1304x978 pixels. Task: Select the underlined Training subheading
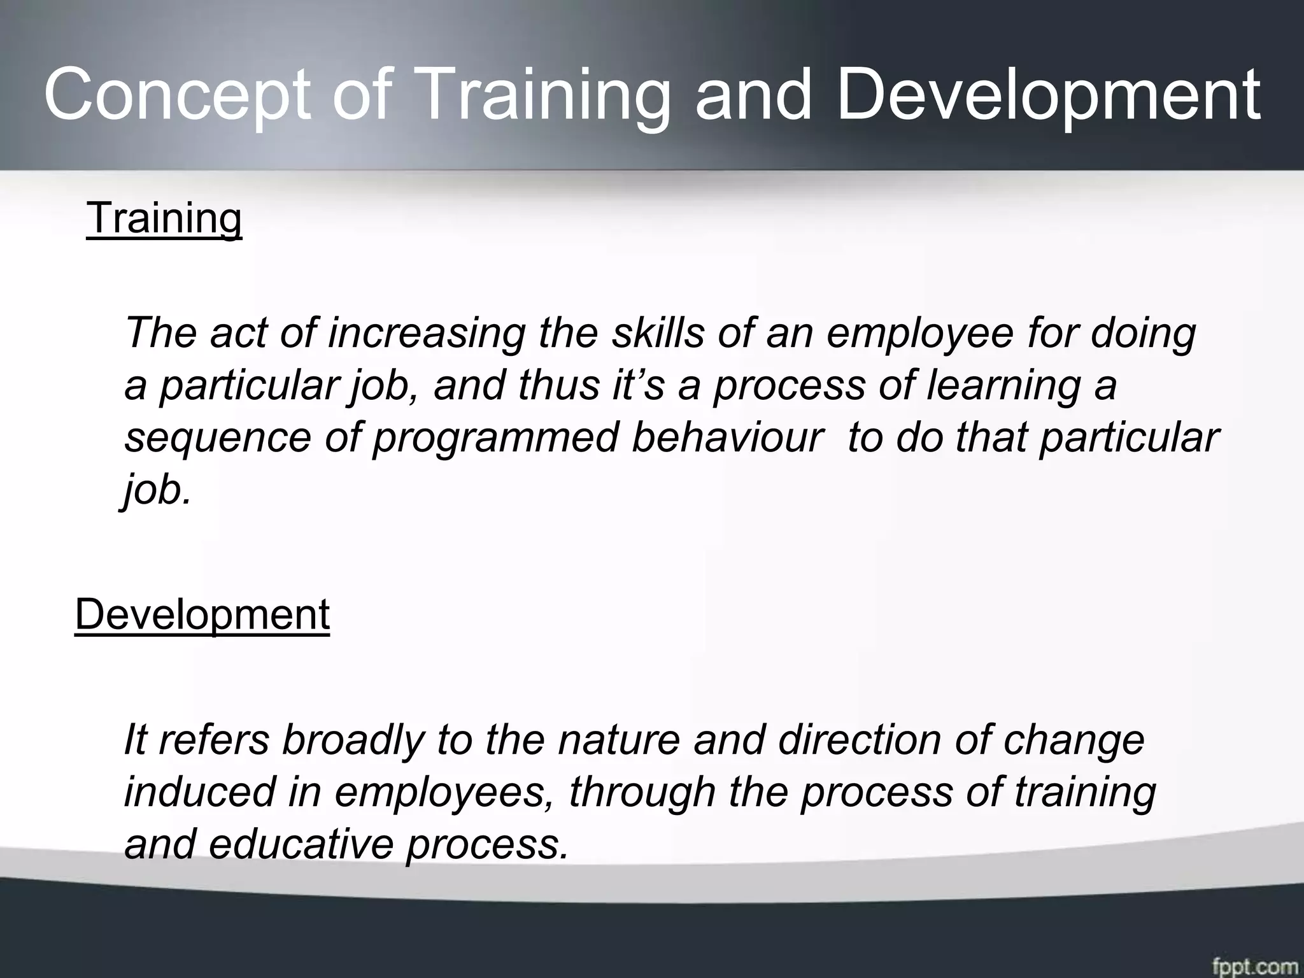point(164,218)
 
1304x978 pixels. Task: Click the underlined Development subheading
point(202,614)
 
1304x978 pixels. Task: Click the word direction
point(860,740)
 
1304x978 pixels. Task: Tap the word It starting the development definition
point(135,740)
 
